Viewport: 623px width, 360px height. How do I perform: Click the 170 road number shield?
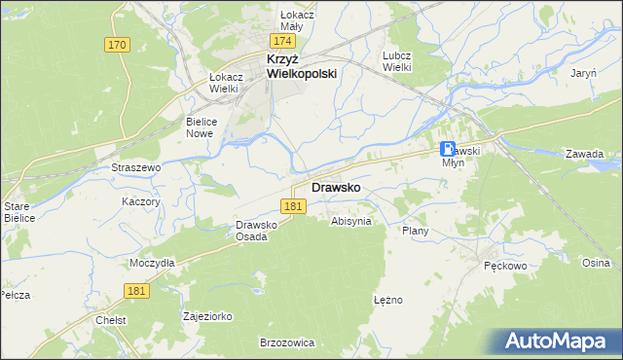pyautogui.click(x=118, y=45)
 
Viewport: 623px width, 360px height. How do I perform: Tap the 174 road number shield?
pyautogui.click(x=283, y=42)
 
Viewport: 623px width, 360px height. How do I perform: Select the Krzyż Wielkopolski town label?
pyautogui.click(x=302, y=66)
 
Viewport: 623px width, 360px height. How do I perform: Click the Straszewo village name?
pyautogui.click(x=135, y=167)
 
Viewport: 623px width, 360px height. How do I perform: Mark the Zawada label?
pyautogui.click(x=585, y=154)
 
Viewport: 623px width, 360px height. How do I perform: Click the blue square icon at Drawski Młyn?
pyautogui.click(x=448, y=150)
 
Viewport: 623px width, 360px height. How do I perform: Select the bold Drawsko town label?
pyautogui.click(x=337, y=187)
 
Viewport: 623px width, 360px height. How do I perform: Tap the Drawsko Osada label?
pyautogui.click(x=258, y=231)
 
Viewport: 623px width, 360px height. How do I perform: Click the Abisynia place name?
pyautogui.click(x=351, y=221)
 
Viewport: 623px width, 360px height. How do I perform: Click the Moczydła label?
pyautogui.click(x=152, y=263)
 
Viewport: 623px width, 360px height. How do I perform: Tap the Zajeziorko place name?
pyautogui.click(x=206, y=316)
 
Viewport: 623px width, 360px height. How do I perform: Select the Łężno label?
pyautogui.click(x=387, y=300)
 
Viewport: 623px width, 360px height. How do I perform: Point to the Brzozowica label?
pyautogui.click(x=286, y=342)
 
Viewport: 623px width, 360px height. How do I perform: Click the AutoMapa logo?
pyautogui.click(x=559, y=342)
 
